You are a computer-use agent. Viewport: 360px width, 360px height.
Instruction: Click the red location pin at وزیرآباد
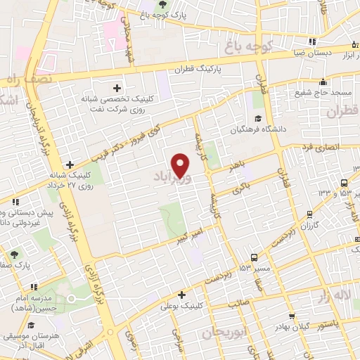[181, 165]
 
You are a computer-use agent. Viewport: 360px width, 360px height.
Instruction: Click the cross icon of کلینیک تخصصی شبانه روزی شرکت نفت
[117, 87]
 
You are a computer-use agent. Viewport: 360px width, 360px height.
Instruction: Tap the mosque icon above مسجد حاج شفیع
[323, 82]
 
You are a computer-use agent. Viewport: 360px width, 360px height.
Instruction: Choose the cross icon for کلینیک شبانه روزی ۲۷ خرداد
[68, 165]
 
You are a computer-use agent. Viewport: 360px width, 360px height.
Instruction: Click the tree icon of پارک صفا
[15, 253]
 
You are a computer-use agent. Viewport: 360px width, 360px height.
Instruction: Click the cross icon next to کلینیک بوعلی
[181, 295]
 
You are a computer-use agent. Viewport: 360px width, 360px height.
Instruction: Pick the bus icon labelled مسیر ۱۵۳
[254, 257]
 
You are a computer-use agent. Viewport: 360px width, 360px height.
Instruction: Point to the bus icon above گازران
[309, 215]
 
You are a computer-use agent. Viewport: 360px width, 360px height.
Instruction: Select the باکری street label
[240, 186]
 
